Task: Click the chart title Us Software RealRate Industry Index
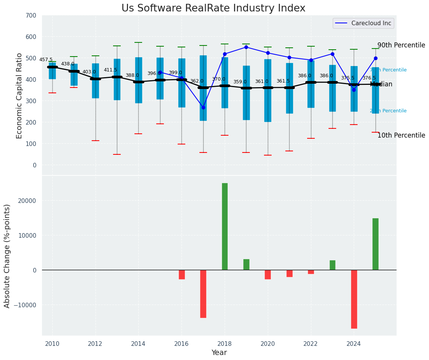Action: (213, 8)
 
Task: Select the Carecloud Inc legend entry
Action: (363, 23)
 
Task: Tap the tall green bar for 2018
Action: (225, 226)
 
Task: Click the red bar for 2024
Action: (354, 299)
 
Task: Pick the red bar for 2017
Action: (203, 294)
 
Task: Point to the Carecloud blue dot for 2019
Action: (246, 47)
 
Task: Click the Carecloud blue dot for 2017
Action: (203, 108)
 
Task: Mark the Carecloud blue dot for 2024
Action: (354, 90)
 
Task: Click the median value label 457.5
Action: (46, 60)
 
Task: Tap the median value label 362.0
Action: (197, 81)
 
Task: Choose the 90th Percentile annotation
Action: (401, 45)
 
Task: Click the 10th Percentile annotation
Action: (401, 135)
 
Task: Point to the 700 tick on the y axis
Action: (31, 15)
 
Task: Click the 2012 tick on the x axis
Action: (95, 344)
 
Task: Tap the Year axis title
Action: (219, 353)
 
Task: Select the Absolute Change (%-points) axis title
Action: (7, 256)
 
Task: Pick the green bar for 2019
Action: (246, 264)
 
